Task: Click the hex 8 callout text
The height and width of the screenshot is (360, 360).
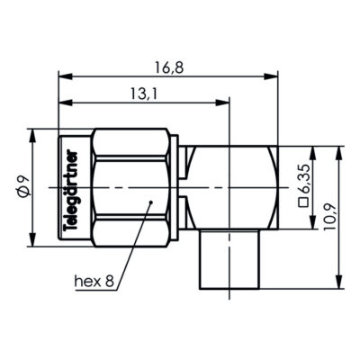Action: coord(94,282)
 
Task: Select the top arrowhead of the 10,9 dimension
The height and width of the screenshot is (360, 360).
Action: coord(340,149)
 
